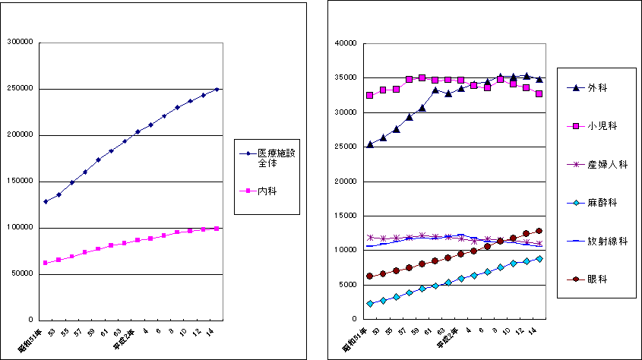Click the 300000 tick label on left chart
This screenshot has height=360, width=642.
(17, 42)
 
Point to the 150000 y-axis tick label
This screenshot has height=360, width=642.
(17, 182)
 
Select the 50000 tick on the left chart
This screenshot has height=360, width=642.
(20, 274)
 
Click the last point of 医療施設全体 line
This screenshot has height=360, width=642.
(217, 90)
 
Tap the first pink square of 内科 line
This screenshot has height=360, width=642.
(46, 263)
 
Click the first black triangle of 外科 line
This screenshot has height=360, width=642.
(369, 144)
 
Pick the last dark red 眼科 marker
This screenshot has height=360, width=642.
(539, 231)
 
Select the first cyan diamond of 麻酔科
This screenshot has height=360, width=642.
(369, 304)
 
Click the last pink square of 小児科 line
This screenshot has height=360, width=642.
(539, 94)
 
